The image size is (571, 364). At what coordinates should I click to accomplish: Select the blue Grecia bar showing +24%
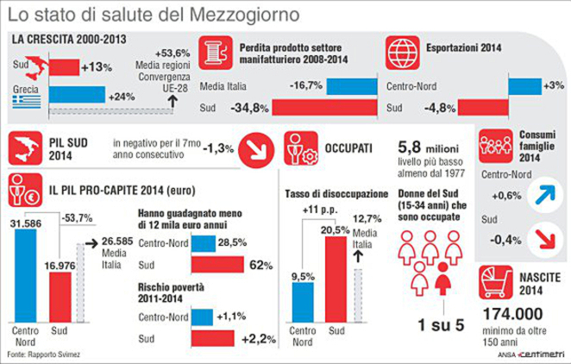click(x=74, y=94)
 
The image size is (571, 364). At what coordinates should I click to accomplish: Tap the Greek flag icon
click(x=23, y=105)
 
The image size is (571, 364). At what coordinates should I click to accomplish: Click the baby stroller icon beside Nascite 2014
click(x=498, y=285)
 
